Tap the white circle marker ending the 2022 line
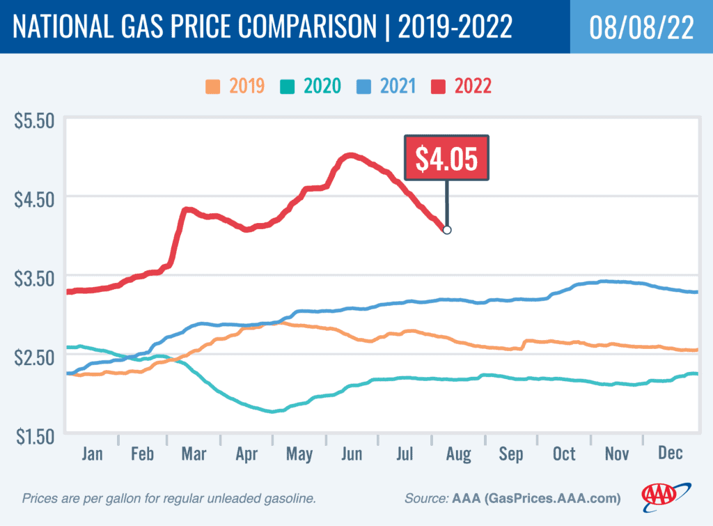[447, 230]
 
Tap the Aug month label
[459, 454]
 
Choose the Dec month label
[670, 454]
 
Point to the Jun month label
[352, 454]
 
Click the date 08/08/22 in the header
[641, 26]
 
